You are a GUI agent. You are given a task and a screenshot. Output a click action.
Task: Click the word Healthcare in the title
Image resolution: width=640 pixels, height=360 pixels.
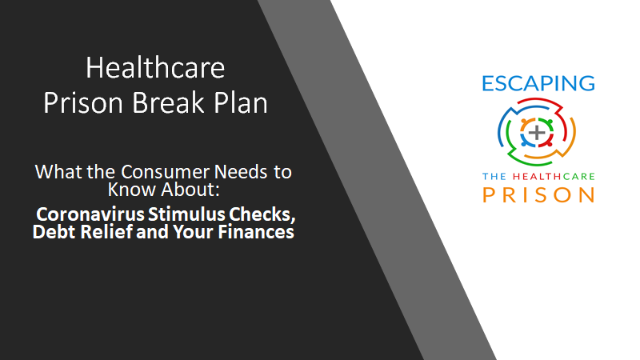[155, 68]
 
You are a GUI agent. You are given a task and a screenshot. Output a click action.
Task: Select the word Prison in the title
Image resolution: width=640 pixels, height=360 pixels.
[83, 102]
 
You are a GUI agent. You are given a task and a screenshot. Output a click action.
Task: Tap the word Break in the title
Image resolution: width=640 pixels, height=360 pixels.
[168, 102]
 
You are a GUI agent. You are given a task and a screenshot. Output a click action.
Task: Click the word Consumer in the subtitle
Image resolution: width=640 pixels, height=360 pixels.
[166, 172]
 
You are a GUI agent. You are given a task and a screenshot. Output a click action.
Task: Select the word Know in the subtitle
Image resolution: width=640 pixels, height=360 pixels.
[131, 190]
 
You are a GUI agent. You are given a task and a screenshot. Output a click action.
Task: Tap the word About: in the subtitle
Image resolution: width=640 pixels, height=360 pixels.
[190, 190]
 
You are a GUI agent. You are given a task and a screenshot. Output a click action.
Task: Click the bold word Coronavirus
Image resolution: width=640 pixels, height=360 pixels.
[90, 214]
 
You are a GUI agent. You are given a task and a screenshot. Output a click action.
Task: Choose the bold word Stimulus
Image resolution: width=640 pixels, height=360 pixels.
[186, 214]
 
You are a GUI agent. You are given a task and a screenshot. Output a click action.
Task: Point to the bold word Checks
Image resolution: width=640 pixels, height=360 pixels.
[262, 214]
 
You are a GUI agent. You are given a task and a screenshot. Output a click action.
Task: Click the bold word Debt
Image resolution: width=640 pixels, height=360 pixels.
[54, 232]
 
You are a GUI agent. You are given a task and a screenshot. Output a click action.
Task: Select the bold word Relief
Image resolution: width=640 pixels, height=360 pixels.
[106, 232]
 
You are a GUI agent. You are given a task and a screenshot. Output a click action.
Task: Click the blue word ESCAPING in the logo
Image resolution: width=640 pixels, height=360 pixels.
[538, 83]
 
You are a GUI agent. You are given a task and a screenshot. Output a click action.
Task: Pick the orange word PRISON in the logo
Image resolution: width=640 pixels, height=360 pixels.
[538, 194]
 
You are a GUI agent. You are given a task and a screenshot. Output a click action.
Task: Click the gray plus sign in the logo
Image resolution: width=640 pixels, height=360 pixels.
[537, 132]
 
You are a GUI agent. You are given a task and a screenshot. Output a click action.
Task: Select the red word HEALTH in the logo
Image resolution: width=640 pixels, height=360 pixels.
[533, 176]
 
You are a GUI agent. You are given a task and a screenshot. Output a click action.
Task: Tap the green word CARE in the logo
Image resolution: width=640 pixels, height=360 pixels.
[574, 176]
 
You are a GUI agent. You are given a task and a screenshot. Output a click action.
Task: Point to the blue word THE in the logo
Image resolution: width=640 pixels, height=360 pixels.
[494, 176]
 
